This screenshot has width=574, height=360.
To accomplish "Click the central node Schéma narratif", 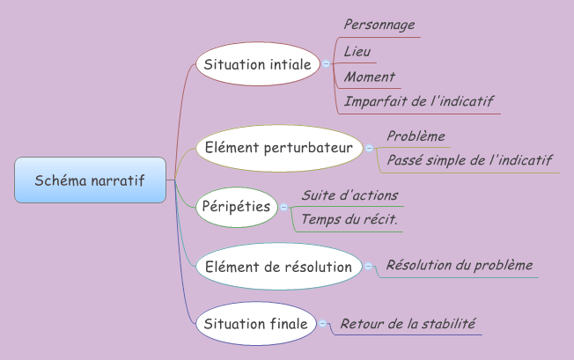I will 90,180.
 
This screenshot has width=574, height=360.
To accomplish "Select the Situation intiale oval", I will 257,64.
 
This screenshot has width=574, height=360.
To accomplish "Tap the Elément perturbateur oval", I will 278,148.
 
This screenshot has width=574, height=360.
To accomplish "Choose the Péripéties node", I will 236,207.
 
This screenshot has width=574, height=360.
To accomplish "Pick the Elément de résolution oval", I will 278,266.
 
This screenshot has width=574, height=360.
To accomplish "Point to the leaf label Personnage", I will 379,25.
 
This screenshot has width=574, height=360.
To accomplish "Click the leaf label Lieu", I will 357,51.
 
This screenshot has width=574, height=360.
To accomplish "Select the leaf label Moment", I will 369,77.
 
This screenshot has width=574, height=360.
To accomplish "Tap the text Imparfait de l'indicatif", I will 419,101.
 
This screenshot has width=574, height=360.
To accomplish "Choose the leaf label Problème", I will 416,136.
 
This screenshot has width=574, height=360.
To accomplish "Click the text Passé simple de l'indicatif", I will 469,160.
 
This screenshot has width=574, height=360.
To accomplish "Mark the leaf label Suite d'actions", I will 350,195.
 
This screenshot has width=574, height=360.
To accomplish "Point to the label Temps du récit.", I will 350,218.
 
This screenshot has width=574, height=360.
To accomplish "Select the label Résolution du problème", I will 460,265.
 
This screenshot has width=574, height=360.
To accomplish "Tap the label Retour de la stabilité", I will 408,323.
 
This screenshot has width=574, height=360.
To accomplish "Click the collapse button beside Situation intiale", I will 327,64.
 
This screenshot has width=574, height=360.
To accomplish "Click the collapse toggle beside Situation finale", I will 323,324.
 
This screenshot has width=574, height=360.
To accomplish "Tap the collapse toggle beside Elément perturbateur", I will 370,148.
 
